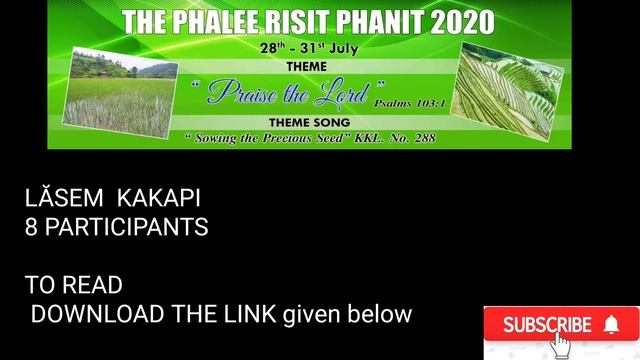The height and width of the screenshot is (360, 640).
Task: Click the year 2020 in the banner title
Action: [459, 21]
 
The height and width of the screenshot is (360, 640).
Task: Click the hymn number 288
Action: [423, 138]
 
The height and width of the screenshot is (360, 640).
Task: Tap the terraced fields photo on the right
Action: [509, 92]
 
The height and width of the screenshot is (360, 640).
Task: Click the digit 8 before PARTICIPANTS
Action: [31, 227]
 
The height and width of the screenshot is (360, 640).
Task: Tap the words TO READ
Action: [73, 286]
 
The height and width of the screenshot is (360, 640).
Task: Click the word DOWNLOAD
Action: [97, 314]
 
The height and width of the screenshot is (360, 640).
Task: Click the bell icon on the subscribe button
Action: [612, 324]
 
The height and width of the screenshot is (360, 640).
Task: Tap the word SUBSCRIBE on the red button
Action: [547, 325]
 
